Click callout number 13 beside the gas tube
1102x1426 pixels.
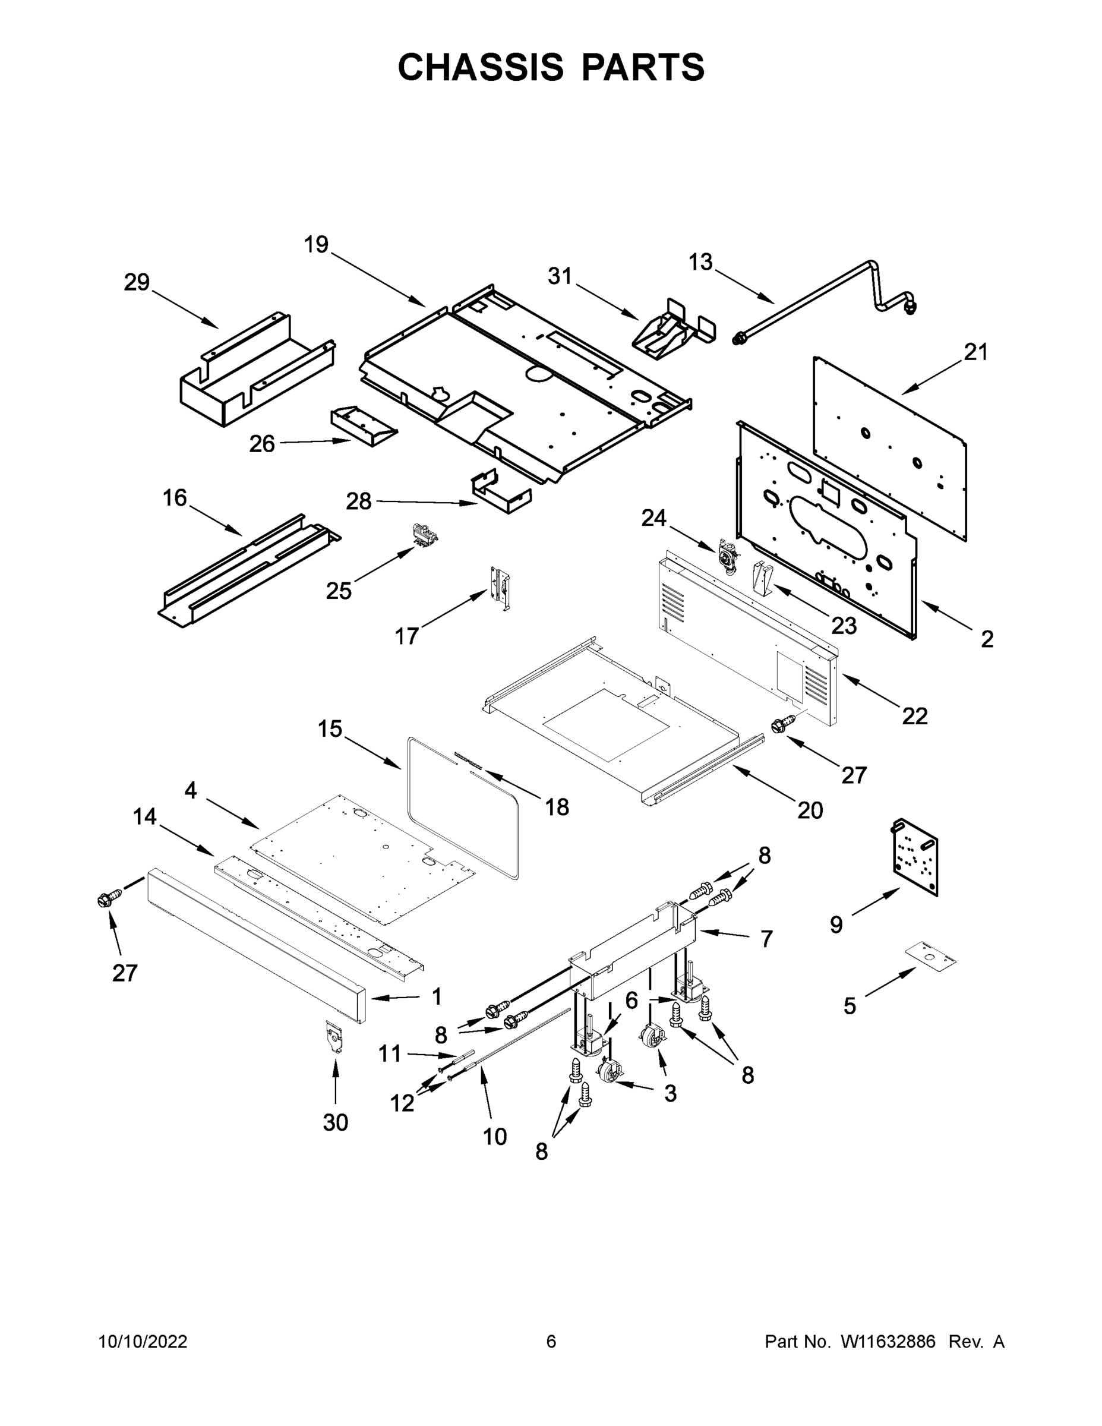coord(700,263)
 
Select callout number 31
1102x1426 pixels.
coord(560,277)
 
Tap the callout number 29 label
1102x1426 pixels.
coord(137,283)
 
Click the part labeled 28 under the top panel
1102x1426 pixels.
coord(501,494)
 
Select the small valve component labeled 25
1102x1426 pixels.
coord(424,534)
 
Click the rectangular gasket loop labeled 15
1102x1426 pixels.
coord(462,808)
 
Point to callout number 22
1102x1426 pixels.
coord(915,716)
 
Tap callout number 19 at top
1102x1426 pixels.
coord(316,245)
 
